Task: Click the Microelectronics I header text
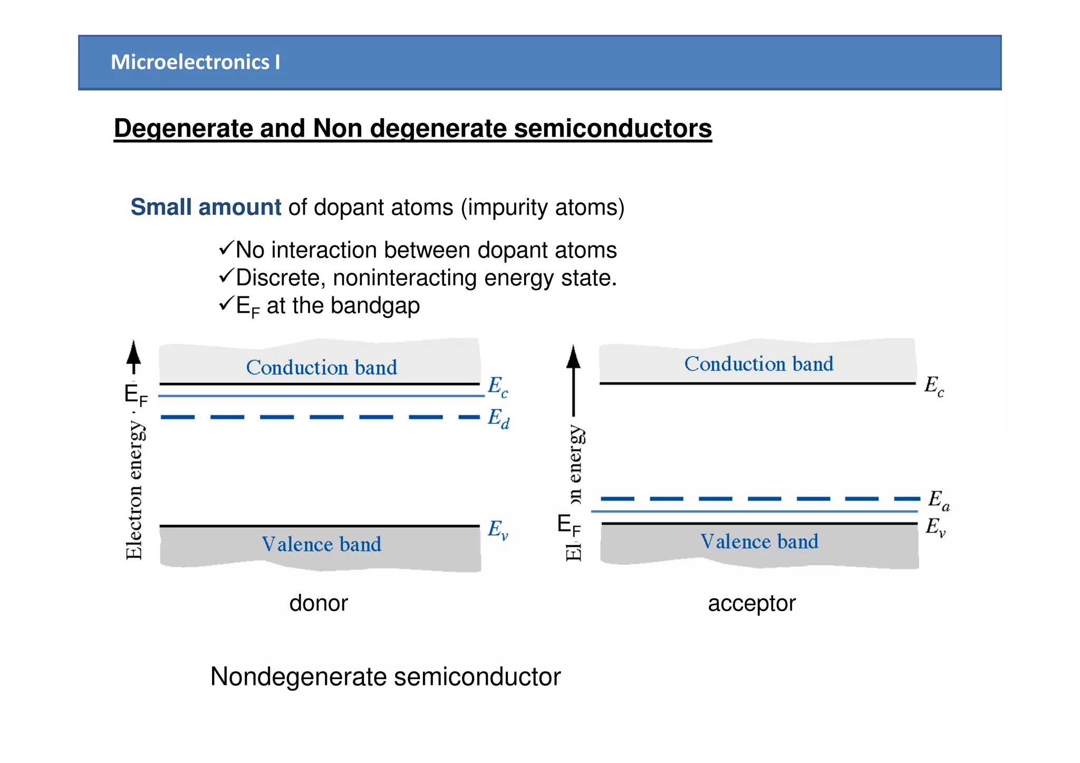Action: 195,62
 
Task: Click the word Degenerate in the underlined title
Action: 182,128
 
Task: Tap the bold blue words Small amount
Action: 206,207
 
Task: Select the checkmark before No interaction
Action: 226,248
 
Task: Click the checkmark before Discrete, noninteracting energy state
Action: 226,275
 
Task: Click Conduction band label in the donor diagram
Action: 321,368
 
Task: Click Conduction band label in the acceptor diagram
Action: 758,364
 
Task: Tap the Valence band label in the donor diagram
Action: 321,544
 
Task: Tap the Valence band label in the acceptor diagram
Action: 759,542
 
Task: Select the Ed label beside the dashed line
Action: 498,418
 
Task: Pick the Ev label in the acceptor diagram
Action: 936,527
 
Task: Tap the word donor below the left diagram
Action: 319,603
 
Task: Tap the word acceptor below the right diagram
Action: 751,603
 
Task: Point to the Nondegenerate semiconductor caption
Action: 385,677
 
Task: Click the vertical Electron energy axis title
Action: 134,490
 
